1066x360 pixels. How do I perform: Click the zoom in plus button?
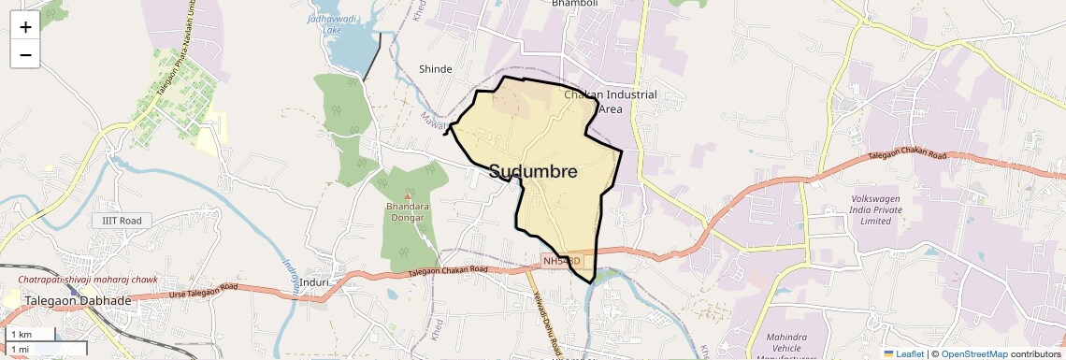(25, 26)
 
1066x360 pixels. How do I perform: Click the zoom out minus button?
(25, 54)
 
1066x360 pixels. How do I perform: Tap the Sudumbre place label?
(533, 172)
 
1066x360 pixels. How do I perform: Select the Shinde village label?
(436, 69)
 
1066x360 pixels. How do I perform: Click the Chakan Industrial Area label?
(611, 101)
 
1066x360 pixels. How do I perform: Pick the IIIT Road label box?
(122, 221)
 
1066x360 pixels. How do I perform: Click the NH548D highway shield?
(562, 261)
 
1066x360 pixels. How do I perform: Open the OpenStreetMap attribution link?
(973, 353)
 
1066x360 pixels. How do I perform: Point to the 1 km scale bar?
(31, 334)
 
